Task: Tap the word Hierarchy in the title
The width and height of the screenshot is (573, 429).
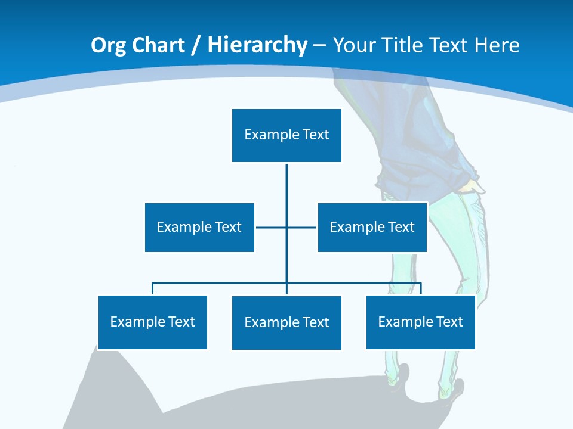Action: (257, 45)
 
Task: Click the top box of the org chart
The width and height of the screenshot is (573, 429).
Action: (286, 135)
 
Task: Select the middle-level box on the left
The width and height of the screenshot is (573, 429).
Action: (199, 227)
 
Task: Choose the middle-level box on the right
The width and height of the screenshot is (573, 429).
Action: (372, 227)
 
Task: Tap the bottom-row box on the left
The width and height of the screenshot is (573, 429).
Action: (152, 322)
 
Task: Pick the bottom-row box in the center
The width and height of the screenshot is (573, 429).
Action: (286, 322)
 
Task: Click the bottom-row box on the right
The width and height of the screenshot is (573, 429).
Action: (420, 322)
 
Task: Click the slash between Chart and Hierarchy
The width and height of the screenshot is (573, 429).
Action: (196, 46)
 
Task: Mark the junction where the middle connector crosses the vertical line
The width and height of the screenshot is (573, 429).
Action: (286, 227)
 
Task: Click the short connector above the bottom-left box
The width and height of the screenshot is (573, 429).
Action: (153, 288)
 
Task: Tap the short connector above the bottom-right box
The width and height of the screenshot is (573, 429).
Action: (421, 288)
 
